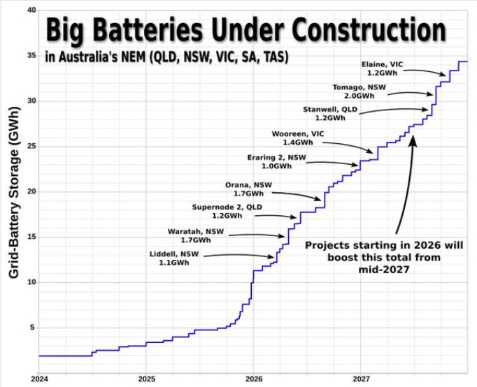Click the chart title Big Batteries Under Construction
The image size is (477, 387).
[x=245, y=31]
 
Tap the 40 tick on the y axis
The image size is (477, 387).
[x=31, y=10]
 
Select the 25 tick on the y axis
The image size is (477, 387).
[x=31, y=147]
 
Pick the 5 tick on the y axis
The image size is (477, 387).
[x=33, y=328]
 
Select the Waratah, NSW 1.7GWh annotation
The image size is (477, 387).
[x=190, y=235]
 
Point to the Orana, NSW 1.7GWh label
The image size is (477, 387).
[x=243, y=189]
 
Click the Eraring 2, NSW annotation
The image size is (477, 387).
[x=276, y=161]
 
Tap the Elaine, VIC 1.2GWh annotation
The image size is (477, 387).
[x=385, y=67]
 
